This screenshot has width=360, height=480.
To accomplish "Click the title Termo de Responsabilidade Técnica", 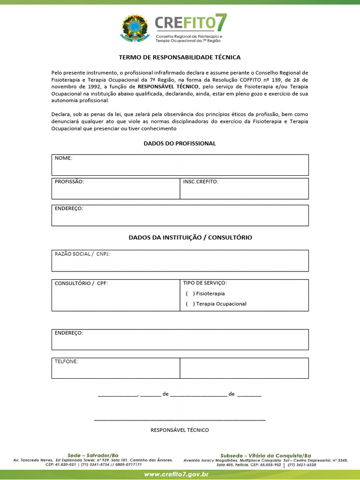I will pos(180,57).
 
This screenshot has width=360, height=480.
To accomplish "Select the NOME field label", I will pos(64,158).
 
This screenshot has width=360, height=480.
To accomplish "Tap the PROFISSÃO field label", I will pos(69,181).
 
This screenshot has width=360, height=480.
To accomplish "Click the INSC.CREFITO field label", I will pos(201,181).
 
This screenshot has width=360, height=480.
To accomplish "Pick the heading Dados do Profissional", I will pos(180,143).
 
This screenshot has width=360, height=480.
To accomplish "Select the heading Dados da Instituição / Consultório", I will pos(190,238).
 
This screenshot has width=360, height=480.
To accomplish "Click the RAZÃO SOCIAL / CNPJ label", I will pos(82,254).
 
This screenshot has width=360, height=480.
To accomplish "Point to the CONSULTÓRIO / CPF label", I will pos(81,284).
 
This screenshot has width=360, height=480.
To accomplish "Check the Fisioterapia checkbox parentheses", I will pos(190,294).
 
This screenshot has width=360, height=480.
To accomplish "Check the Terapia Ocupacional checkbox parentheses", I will pos(190,304).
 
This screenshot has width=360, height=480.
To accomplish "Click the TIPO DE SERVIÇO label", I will pos(205,283).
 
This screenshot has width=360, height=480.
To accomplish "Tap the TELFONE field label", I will pos(67,361).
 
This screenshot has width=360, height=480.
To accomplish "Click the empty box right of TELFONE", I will pos(244,368).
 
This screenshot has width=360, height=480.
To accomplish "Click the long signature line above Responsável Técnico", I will pos(180,420).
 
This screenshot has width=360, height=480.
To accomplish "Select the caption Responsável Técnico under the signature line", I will pos(180,430).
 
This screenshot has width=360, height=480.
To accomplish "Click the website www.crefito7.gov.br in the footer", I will pos(176,475).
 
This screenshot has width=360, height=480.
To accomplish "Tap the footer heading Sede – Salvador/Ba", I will pos(93,456).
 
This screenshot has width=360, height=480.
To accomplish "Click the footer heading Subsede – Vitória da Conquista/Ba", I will pos(266,456).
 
